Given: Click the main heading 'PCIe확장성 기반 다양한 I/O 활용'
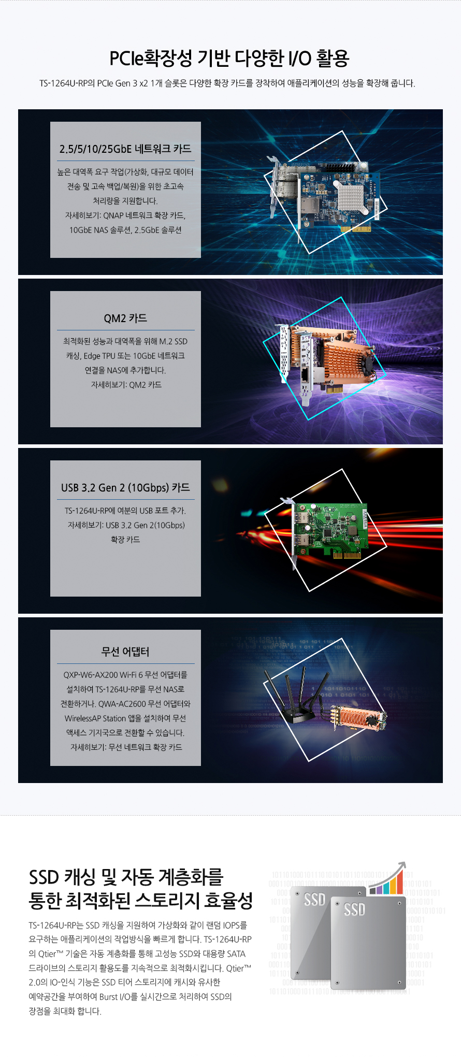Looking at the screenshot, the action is click(229, 58).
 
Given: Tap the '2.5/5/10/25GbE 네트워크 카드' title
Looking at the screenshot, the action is click(125, 149).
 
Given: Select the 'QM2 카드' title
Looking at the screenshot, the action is click(125, 318).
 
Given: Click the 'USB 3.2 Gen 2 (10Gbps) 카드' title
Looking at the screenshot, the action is click(125, 488).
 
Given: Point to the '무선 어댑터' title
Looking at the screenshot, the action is click(125, 652).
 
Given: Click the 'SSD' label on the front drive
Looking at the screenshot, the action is click(354, 909).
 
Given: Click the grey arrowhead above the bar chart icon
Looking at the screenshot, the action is click(402, 866).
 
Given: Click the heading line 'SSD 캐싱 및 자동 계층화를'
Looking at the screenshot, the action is click(126, 877).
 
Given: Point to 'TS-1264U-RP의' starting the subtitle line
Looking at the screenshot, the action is click(67, 83).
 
